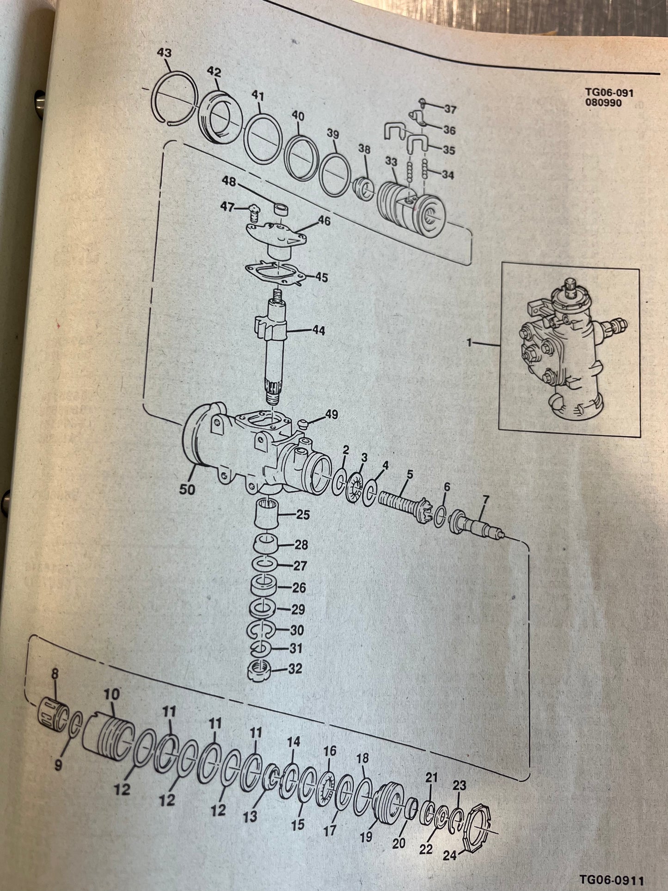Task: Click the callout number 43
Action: coord(164,53)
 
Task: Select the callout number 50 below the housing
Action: coord(187,489)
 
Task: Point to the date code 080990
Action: coord(603,103)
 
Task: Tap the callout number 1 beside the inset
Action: coord(469,343)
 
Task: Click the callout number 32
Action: coord(295,669)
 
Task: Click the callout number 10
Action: coord(111,694)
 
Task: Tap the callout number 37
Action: coord(450,109)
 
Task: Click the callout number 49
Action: coord(331,414)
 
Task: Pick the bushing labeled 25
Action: coord(267,514)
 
